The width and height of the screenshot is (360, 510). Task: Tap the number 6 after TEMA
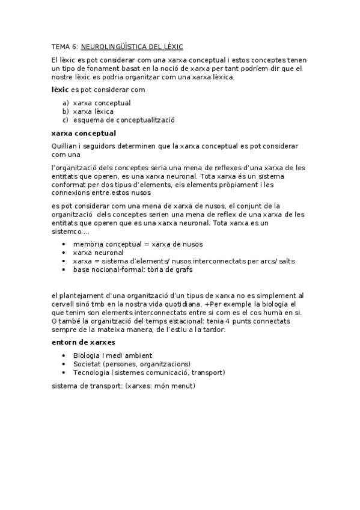point(74,46)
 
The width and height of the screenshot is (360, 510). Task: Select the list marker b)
point(65,111)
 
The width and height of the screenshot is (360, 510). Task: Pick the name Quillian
point(64,146)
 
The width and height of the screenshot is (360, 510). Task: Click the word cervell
point(64,304)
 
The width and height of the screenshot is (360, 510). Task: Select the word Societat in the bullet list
point(87,364)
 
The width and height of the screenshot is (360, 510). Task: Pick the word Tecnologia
point(91,372)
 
